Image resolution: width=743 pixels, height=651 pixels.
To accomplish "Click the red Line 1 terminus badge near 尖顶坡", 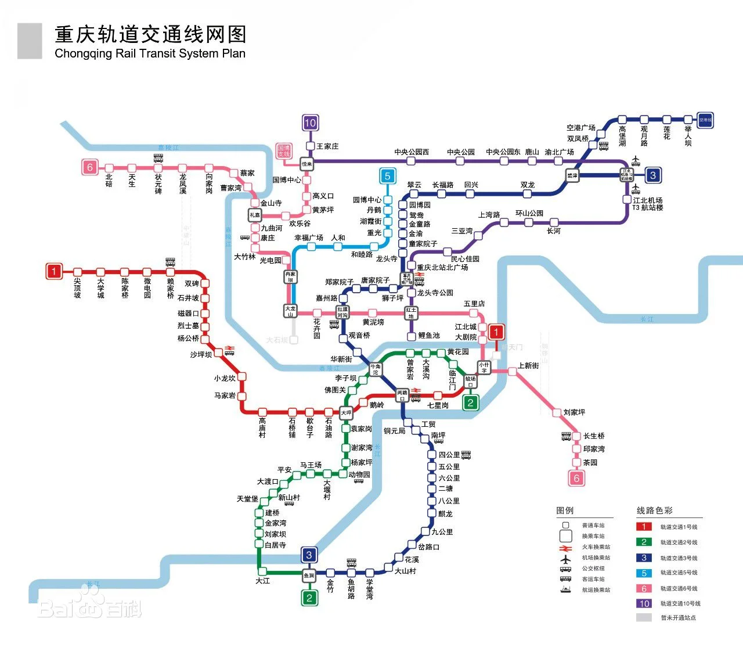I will [54, 271].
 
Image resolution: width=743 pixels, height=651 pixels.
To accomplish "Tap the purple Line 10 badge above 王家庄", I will [310, 123].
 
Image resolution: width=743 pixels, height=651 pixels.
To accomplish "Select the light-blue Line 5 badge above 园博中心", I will [387, 175].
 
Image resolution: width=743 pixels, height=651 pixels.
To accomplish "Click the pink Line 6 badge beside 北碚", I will [89, 167].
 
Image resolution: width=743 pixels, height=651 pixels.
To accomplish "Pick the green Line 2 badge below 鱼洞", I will [309, 598].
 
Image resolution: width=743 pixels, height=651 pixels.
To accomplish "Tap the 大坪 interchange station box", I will [346, 413].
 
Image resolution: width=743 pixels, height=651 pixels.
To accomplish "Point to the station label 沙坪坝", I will [201, 354].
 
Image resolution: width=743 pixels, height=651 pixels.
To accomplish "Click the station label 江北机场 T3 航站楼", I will [647, 204].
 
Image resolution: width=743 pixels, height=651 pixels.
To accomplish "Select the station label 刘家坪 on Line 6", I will [574, 412].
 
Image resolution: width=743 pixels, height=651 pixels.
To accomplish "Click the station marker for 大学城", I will [100, 272].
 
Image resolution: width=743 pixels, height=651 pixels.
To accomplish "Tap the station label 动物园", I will [359, 474].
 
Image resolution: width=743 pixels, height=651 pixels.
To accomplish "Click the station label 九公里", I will [442, 532].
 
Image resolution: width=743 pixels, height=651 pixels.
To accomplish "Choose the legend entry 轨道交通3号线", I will [679, 558].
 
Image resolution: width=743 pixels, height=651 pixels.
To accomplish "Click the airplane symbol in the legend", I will [565, 558].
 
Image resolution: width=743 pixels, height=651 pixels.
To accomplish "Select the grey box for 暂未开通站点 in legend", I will [644, 618].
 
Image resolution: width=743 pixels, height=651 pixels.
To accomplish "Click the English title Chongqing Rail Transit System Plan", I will [150, 53].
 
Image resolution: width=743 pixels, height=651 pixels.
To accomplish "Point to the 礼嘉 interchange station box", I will [255, 215].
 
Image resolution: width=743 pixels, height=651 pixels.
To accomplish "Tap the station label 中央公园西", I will [412, 152].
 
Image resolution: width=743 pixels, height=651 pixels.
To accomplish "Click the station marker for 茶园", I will [576, 463].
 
